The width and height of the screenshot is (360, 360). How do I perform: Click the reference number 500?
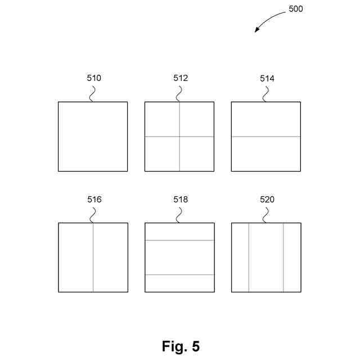[295, 9]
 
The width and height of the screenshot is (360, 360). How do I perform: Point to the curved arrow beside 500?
[269, 19]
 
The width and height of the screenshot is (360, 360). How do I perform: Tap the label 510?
[93, 78]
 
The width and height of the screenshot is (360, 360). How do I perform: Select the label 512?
[180, 78]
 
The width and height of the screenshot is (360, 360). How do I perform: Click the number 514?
[267, 78]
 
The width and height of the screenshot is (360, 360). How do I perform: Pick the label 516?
[93, 200]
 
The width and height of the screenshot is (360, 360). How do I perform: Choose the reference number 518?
[180, 200]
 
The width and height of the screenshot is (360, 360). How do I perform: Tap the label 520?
[267, 200]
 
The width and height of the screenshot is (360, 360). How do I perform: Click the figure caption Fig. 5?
[181, 346]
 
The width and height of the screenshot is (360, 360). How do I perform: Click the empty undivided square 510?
[93, 137]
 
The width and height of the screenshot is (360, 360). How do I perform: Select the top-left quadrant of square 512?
[162, 119]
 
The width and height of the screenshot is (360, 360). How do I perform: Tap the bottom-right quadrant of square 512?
[197, 154]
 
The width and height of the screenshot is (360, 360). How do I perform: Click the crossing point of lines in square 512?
[179, 137]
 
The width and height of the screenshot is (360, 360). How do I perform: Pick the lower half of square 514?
[266, 154]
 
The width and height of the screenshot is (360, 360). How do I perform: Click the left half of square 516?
[76, 258]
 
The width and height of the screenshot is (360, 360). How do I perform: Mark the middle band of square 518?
[179, 258]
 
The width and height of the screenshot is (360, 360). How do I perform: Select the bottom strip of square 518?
[179, 283]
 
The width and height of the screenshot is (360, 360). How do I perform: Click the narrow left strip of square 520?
[240, 258]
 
